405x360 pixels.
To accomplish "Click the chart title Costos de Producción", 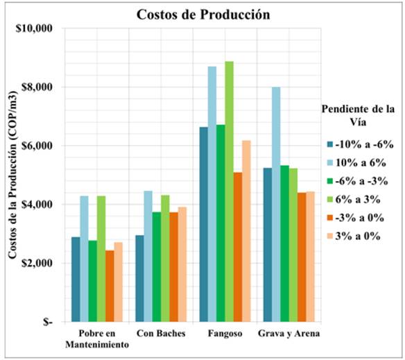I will pyautogui.click(x=203, y=14).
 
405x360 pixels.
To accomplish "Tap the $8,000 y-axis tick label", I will pyautogui.click(x=37, y=87).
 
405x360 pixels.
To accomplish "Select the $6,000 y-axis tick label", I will pyautogui.click(x=37, y=146).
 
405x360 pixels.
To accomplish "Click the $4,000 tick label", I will pyautogui.click(x=37, y=205).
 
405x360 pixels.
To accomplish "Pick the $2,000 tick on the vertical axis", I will pyautogui.click(x=37, y=264).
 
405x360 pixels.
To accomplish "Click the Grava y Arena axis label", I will pyautogui.click(x=288, y=334).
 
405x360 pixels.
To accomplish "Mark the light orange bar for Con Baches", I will pyautogui.click(x=182, y=264).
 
